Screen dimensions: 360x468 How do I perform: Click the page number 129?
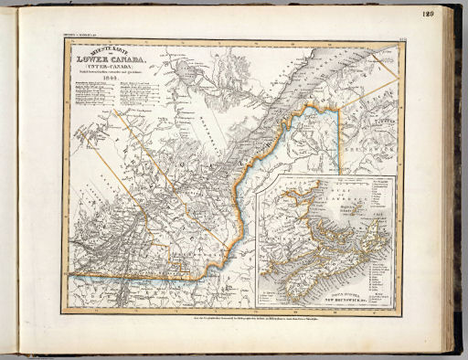pos(429,13)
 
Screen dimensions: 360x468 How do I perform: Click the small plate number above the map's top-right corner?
pos(399,40)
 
